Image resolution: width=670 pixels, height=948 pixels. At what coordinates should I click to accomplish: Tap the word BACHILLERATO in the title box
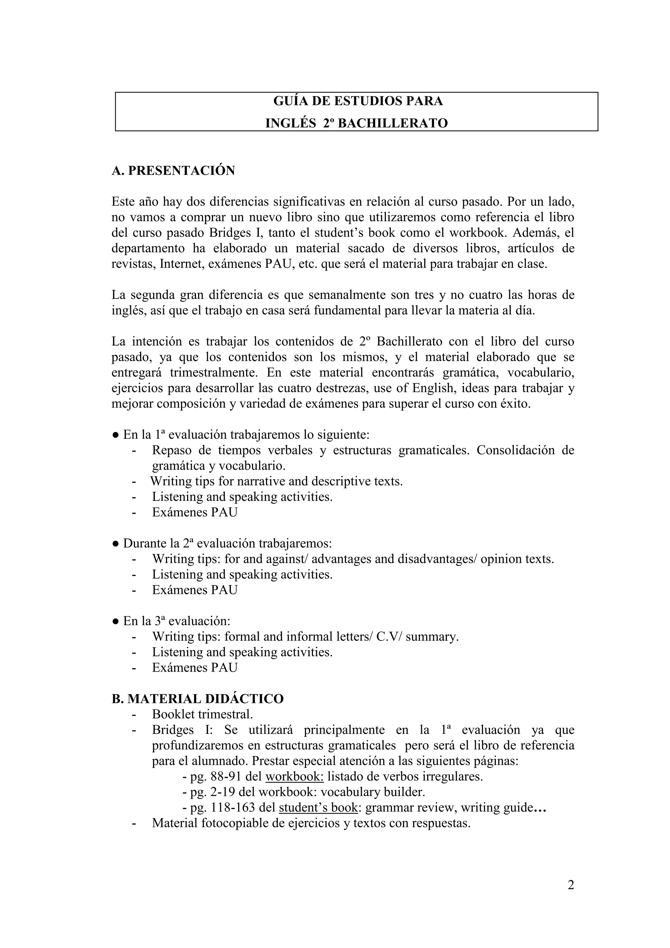click(x=393, y=123)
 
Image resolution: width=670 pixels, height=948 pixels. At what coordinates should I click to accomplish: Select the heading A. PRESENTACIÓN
click(x=173, y=170)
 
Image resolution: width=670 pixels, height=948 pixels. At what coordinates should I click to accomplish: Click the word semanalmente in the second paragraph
click(x=347, y=295)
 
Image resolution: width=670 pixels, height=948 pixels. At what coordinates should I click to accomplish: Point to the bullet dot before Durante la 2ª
click(x=115, y=544)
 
